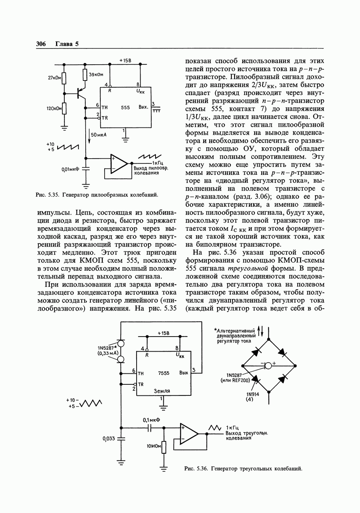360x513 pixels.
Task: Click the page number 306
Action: [41, 44]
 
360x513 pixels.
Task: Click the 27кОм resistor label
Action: [54, 78]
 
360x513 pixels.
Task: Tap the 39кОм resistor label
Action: [96, 74]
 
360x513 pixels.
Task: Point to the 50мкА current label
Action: [99, 135]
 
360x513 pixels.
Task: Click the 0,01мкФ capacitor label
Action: [70, 169]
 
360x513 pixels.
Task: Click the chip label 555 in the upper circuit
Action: [126, 107]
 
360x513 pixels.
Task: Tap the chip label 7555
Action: [163, 373]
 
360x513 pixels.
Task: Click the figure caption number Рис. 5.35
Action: [47, 195]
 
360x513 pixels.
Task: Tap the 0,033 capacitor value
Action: [109, 438]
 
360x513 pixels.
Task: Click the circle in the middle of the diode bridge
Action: [268, 365]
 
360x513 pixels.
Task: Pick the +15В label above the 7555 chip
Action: [163, 333]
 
